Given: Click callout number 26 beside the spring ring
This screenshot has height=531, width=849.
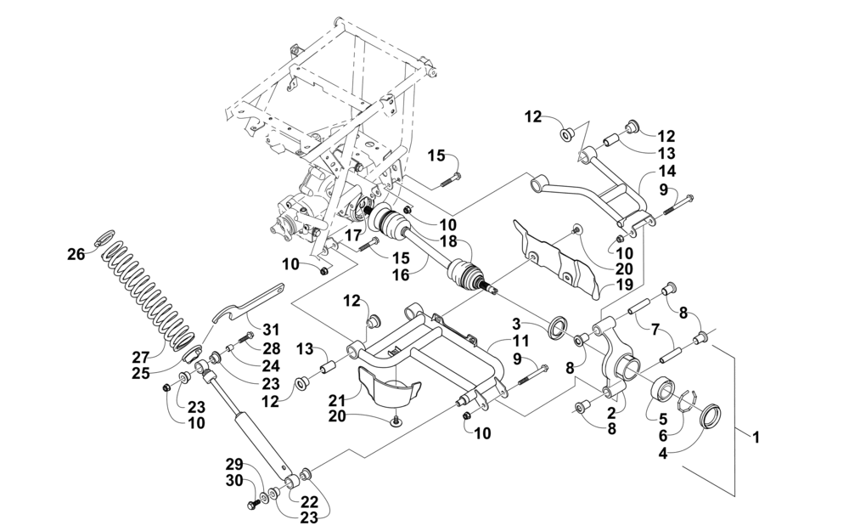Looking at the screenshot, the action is click(76, 253).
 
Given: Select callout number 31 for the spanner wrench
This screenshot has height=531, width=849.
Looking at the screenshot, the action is click(271, 330).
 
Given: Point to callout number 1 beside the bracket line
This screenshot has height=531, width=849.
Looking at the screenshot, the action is click(756, 437).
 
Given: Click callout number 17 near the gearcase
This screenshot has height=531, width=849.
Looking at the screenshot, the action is click(353, 235).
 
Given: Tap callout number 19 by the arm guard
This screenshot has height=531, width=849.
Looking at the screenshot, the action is click(624, 285).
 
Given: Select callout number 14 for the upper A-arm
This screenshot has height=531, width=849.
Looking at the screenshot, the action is click(667, 172).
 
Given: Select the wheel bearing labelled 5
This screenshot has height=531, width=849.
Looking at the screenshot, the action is click(665, 388).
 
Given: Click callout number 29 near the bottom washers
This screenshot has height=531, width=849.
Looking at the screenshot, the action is click(235, 465).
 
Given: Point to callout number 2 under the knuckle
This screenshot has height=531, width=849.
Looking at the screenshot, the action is click(611, 414).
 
